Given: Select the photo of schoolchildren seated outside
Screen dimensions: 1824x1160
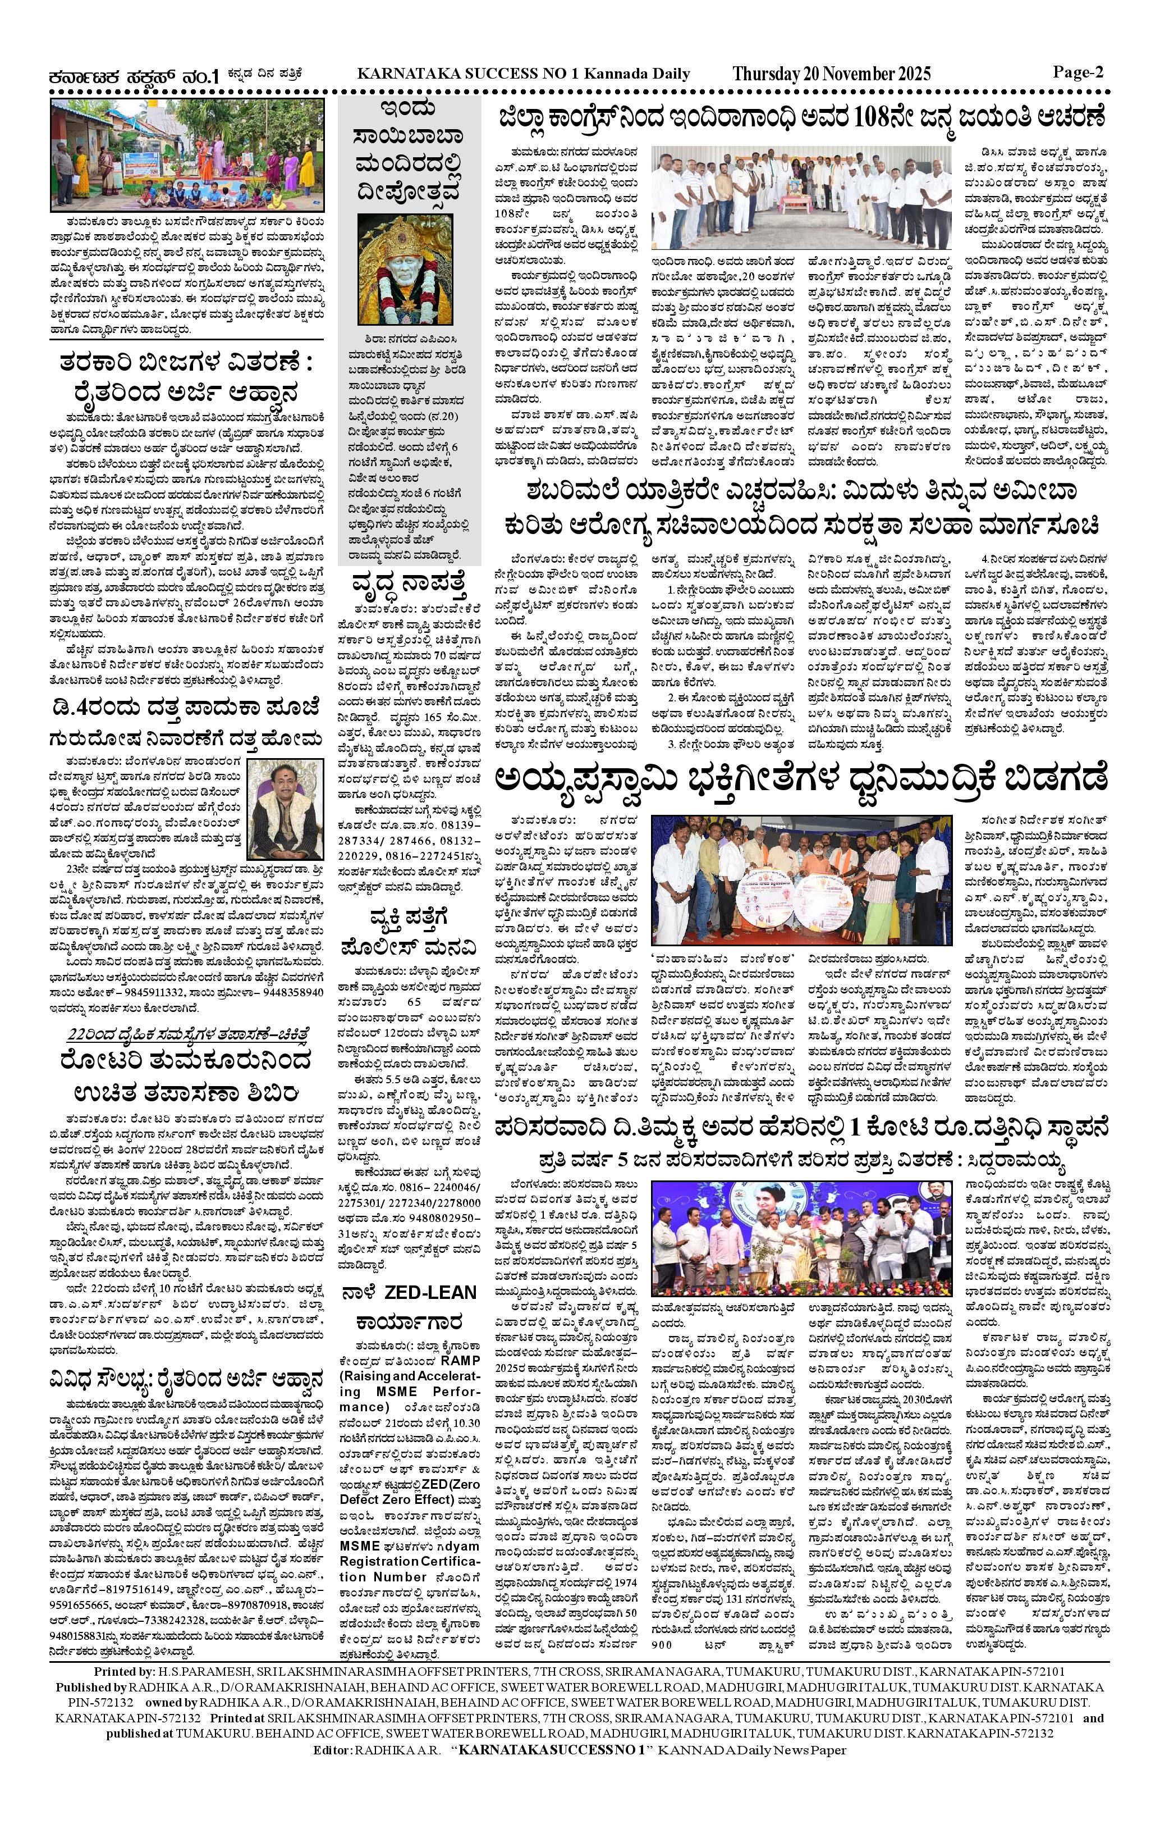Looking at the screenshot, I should tap(186, 156).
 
